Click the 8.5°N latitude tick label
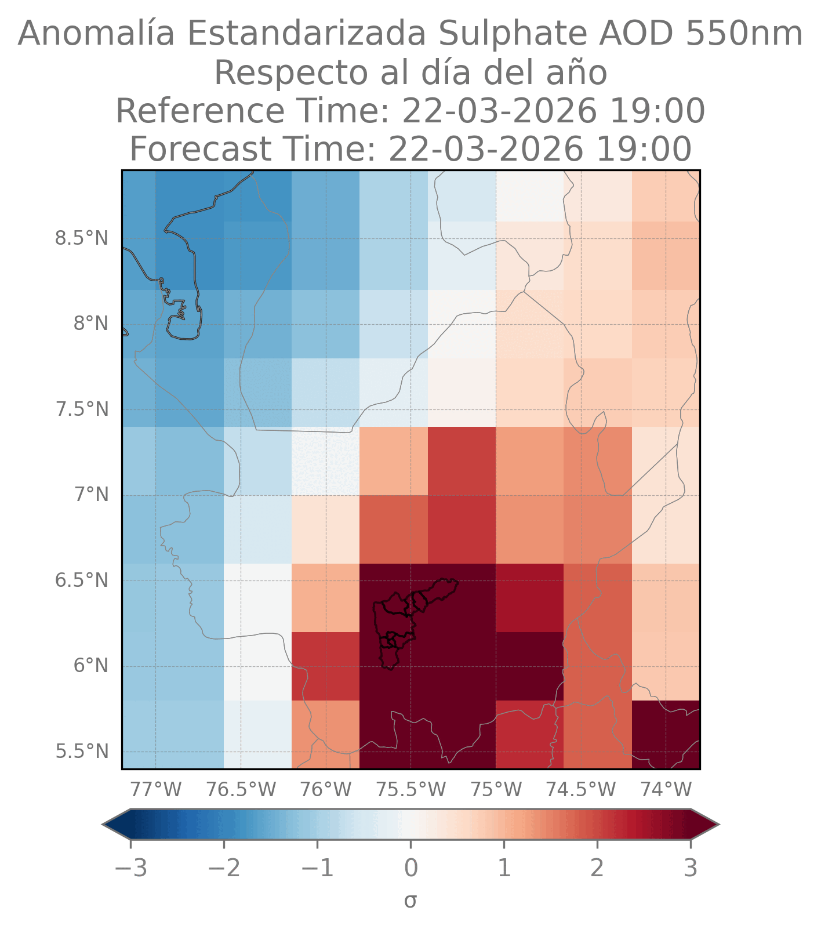tap(82, 238)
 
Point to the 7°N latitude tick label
tap(90, 495)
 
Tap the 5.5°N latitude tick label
tap(82, 752)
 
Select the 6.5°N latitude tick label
tap(82, 580)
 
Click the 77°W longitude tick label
tap(155, 789)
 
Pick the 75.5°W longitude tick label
tap(411, 789)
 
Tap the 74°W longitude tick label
tap(666, 789)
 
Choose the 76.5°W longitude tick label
tap(241, 789)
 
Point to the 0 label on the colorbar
tap(410, 869)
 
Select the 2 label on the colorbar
tap(597, 869)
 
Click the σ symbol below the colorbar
tap(410, 901)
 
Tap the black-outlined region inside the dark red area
tap(400, 620)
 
